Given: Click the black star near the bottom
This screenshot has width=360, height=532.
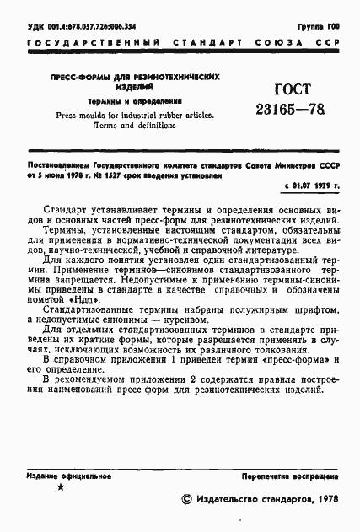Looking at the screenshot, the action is point(58,488).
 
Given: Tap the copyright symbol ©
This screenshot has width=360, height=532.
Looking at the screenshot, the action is point(186,501).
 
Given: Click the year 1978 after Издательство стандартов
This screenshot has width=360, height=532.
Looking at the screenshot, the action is point(324,501).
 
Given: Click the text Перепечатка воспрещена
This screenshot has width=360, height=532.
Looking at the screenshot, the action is point(292,476).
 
